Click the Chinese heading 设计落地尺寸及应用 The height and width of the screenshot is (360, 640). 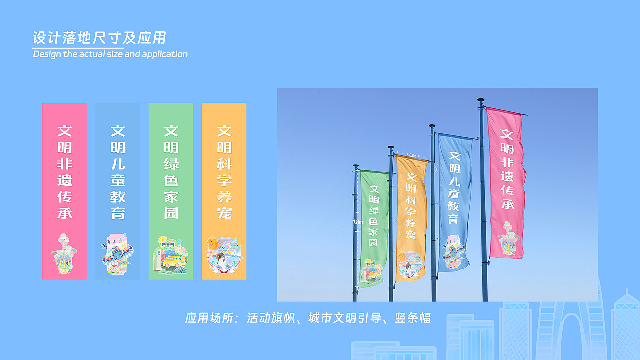99,38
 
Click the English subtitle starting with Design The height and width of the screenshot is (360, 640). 110,54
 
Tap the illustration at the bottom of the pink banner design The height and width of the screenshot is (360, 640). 64,254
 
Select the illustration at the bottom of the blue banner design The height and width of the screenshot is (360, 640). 117,254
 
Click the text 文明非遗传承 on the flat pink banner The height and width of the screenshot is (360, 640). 64,172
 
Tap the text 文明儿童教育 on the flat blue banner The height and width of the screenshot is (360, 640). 118,172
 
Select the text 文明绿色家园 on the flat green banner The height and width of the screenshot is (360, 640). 171,172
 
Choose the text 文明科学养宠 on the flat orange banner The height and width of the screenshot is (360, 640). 224,172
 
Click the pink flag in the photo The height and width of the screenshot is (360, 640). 506,185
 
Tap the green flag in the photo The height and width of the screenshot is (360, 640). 373,227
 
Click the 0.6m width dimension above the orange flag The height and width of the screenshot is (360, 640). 412,155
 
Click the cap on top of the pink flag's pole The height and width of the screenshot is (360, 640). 481,100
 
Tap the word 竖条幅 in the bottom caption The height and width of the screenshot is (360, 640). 413,318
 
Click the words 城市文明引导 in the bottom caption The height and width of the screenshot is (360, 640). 345,318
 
